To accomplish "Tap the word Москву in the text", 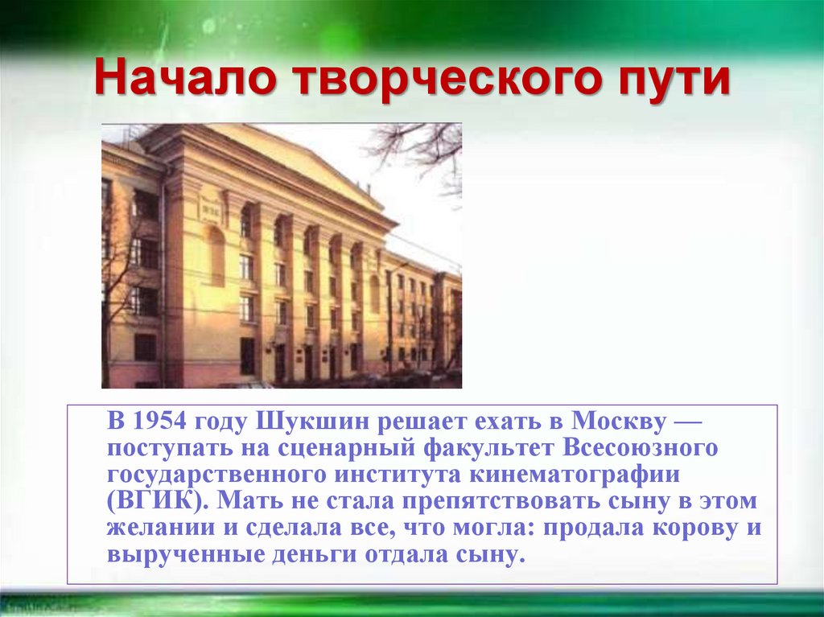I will [x=618, y=421].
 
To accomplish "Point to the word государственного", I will [x=211, y=473].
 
